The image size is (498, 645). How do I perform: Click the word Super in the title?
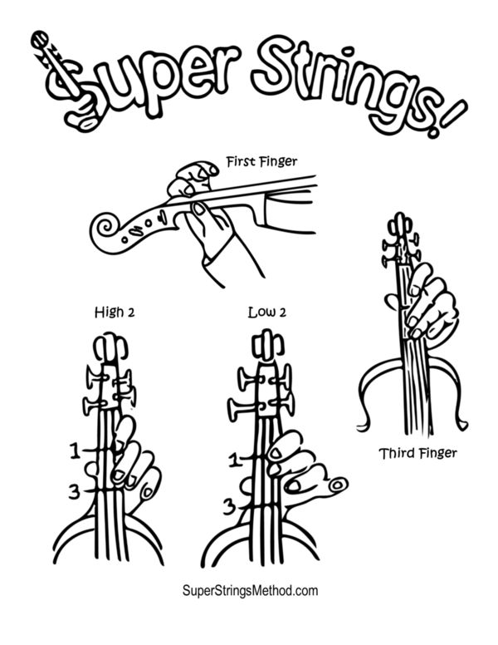point(139,82)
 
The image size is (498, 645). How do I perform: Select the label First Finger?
point(261,161)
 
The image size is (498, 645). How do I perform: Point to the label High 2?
point(115,313)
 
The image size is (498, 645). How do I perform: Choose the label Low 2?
point(267,313)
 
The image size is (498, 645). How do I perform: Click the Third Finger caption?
point(417,453)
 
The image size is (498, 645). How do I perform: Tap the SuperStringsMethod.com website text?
point(250,591)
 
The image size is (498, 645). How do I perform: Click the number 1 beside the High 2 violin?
point(75,451)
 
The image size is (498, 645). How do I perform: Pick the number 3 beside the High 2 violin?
point(74,491)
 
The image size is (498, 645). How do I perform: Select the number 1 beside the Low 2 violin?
point(234,460)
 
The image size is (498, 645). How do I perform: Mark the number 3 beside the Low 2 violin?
point(229,507)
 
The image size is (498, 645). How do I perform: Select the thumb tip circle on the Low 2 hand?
point(338,485)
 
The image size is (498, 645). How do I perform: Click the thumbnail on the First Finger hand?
point(199,209)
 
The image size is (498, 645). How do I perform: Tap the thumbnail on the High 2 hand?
point(147,491)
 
